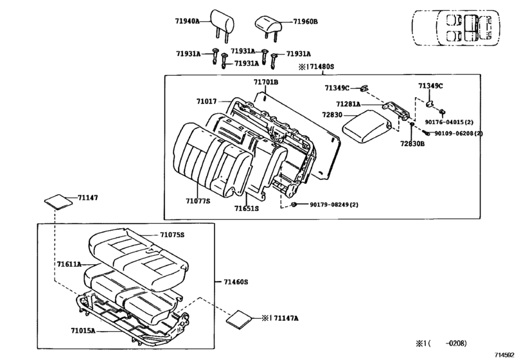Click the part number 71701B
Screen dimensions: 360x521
(x=265, y=82)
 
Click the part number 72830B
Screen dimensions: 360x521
(x=412, y=144)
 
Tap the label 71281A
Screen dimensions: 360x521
(x=348, y=104)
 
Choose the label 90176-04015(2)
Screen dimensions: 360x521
(x=449, y=122)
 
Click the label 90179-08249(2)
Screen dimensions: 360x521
(x=334, y=204)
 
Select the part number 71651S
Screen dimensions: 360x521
(x=246, y=208)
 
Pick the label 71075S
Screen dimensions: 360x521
(x=172, y=235)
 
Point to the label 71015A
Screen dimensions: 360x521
(x=83, y=330)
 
